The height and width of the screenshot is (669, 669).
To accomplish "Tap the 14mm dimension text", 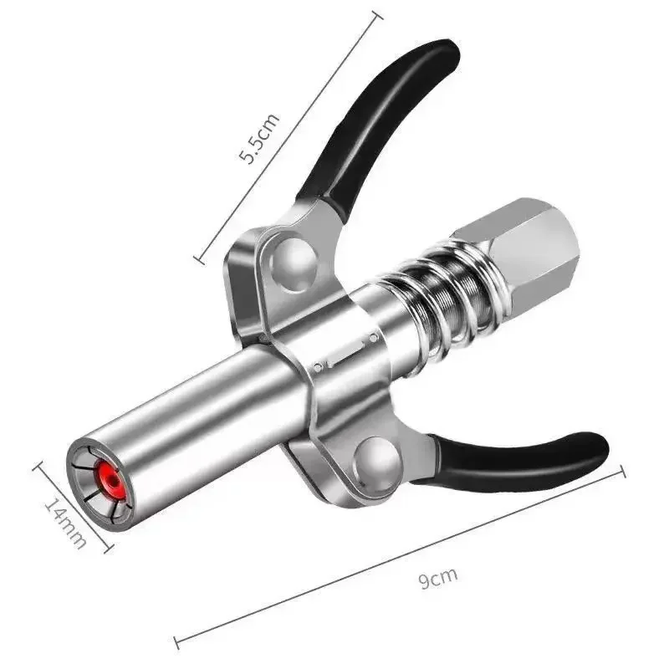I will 65,523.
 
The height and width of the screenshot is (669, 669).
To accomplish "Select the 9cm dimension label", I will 439,578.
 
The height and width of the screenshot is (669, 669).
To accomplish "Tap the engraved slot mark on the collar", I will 345,351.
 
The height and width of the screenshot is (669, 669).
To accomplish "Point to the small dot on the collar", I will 319,367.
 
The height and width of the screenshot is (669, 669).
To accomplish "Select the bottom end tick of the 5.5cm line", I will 199,257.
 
